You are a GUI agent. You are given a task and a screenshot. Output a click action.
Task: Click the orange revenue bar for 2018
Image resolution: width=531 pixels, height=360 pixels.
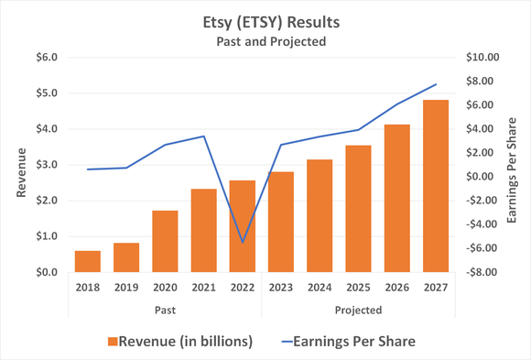pyautogui.click(x=88, y=261)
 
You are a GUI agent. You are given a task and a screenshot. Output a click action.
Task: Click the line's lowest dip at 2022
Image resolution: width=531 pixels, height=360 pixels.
pyautogui.click(x=243, y=243)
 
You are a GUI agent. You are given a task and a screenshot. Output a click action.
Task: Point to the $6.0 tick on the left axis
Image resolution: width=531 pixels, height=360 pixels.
pyautogui.click(x=46, y=57)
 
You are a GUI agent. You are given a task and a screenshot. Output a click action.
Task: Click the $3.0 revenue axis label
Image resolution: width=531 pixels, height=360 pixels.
pyautogui.click(x=46, y=165)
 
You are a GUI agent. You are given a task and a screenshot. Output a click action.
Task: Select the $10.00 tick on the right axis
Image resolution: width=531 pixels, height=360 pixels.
pyautogui.click(x=482, y=57)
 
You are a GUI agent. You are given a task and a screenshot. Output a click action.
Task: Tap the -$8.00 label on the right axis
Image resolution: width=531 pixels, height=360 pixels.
pyautogui.click(x=482, y=272)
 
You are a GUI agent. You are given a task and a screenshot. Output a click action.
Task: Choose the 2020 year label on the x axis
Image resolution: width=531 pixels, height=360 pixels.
pyautogui.click(x=165, y=288)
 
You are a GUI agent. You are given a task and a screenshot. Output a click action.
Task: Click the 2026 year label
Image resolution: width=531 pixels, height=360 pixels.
pyautogui.click(x=397, y=288)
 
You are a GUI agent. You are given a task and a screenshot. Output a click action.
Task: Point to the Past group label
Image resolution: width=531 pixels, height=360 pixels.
pyautogui.click(x=165, y=310)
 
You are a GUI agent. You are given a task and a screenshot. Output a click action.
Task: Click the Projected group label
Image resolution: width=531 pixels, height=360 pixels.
pyautogui.click(x=359, y=310)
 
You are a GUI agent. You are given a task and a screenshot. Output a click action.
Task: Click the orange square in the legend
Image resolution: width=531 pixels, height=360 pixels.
pyautogui.click(x=113, y=341)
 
